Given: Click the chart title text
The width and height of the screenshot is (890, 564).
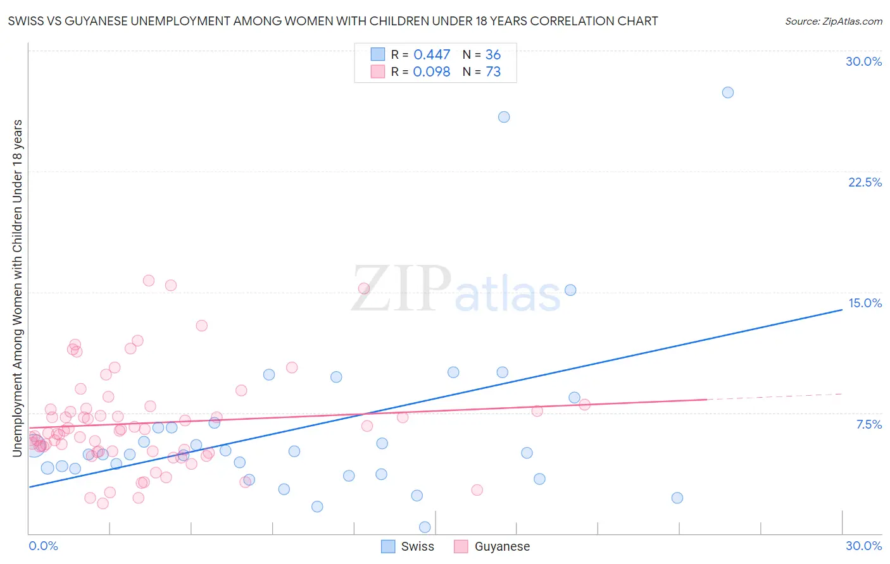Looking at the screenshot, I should [332, 21].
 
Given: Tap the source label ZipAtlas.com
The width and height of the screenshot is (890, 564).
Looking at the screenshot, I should [833, 21].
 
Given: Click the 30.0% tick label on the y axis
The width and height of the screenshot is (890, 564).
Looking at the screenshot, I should [863, 61].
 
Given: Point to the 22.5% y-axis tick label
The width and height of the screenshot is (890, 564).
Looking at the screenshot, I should [865, 182].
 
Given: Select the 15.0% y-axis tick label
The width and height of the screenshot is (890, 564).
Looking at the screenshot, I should [865, 303].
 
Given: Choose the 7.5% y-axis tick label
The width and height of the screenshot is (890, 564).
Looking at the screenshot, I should [868, 424].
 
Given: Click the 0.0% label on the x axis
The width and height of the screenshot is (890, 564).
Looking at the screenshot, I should [43, 546].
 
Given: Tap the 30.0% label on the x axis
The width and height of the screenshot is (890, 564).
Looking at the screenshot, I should [863, 546].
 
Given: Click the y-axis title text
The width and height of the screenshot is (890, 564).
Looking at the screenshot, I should [17, 288].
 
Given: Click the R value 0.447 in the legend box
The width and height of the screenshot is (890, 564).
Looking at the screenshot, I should [432, 55].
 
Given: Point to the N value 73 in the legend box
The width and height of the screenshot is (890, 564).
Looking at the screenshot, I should [493, 72].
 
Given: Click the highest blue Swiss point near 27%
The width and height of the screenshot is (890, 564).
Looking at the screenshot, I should [728, 92].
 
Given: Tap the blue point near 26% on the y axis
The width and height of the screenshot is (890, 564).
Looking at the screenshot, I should [504, 117].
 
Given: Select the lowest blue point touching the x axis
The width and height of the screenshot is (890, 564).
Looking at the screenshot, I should [425, 527].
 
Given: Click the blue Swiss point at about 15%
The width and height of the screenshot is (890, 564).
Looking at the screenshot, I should [570, 290].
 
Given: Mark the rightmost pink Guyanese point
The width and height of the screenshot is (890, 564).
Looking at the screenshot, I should [585, 405].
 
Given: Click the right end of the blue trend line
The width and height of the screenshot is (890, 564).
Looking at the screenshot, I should [842, 310].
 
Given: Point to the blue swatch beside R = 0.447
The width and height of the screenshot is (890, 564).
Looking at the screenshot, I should [378, 54].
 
